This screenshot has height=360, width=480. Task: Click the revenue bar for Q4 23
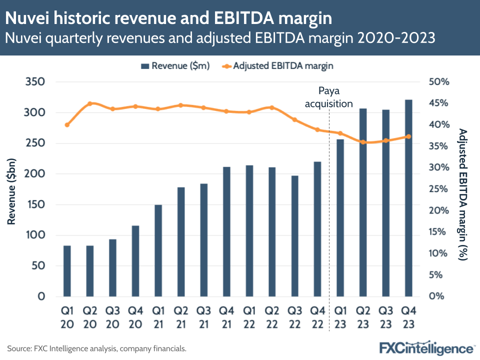tap(408, 198)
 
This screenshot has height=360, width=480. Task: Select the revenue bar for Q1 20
tap(67, 270)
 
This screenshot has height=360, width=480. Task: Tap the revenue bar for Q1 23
tap(340, 217)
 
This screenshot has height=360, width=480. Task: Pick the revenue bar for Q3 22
tap(294, 235)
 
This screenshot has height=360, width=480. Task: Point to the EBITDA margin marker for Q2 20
tap(90, 104)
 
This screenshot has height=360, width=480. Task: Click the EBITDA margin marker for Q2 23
tap(363, 142)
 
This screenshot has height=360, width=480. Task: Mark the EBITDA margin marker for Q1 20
tap(67, 124)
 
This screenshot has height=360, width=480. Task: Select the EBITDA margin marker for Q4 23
tap(408, 136)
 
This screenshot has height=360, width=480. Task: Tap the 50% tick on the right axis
tap(439, 82)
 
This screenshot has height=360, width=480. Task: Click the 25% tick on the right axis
tap(439, 189)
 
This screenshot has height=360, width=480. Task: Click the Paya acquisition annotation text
tap(328, 97)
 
